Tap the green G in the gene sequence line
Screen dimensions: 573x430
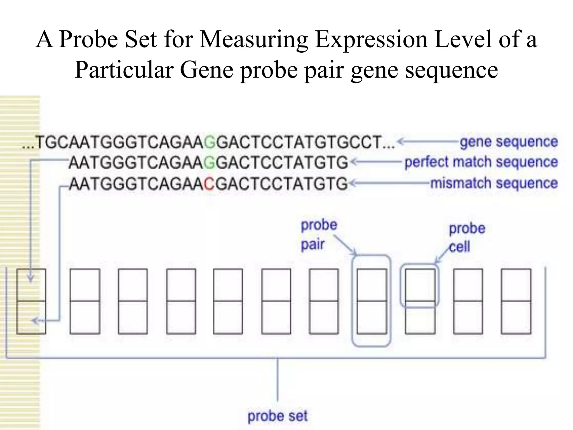(210, 142)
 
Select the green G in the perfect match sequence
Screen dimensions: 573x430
(210, 163)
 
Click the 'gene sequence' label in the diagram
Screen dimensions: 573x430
(509, 142)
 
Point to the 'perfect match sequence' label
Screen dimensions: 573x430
(481, 162)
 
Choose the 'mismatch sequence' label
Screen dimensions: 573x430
(494, 183)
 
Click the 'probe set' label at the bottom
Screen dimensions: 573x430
(277, 416)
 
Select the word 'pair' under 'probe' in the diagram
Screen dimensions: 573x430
(312, 245)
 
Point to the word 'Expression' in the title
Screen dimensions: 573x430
(371, 39)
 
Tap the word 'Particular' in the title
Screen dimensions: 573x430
(123, 70)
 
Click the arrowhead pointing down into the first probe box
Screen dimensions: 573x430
(30, 279)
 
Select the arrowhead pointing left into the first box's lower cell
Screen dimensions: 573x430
(35, 321)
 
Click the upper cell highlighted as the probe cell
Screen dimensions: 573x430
(420, 285)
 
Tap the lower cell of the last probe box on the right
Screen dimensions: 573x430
(516, 317)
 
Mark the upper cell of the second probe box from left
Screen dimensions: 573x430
(85, 285)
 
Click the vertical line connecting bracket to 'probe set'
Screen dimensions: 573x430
(278, 379)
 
